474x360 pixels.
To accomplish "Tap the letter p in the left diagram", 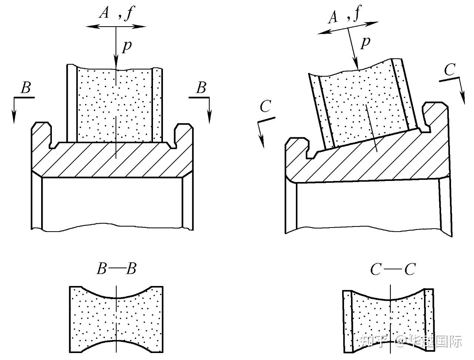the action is pyautogui.click(x=127, y=46).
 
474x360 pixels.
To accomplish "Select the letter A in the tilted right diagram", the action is pyautogui.click(x=334, y=17).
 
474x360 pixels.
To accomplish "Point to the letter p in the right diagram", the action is pyautogui.click(x=366, y=42).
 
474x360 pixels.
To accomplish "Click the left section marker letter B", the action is pyautogui.click(x=26, y=88).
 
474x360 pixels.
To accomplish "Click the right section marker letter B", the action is pyautogui.click(x=201, y=88).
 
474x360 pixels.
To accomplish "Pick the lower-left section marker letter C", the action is pyautogui.click(x=266, y=107).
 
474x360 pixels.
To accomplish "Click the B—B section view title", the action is pyautogui.click(x=117, y=269).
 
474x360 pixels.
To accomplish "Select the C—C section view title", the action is pyautogui.click(x=393, y=270).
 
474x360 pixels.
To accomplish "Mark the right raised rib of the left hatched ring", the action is pyautogui.click(x=184, y=135).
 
